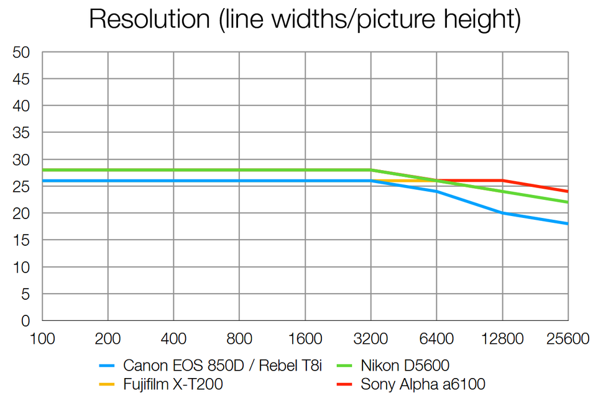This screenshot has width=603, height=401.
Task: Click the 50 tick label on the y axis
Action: (x=21, y=53)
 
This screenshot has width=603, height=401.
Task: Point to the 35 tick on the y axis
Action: (x=21, y=133)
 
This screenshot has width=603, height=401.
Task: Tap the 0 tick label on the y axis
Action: (x=25, y=321)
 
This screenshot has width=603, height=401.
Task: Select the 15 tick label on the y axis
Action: (x=21, y=240)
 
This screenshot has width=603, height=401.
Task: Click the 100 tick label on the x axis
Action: (x=42, y=339)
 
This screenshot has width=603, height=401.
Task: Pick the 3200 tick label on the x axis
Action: (x=371, y=339)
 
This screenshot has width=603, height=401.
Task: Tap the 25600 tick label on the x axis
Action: (x=567, y=339)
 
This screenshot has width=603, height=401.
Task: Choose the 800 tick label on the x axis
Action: (x=239, y=339)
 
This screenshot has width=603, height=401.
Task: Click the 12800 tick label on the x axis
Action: (x=502, y=339)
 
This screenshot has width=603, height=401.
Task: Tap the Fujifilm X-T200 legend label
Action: (x=173, y=384)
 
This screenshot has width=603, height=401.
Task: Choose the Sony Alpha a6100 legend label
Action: (x=423, y=384)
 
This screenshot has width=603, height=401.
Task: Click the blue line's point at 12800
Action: (x=502, y=213)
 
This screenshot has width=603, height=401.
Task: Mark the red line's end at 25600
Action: (x=568, y=191)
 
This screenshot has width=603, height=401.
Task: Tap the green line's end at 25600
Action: (x=568, y=202)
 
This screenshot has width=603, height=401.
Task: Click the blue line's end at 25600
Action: (x=568, y=223)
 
